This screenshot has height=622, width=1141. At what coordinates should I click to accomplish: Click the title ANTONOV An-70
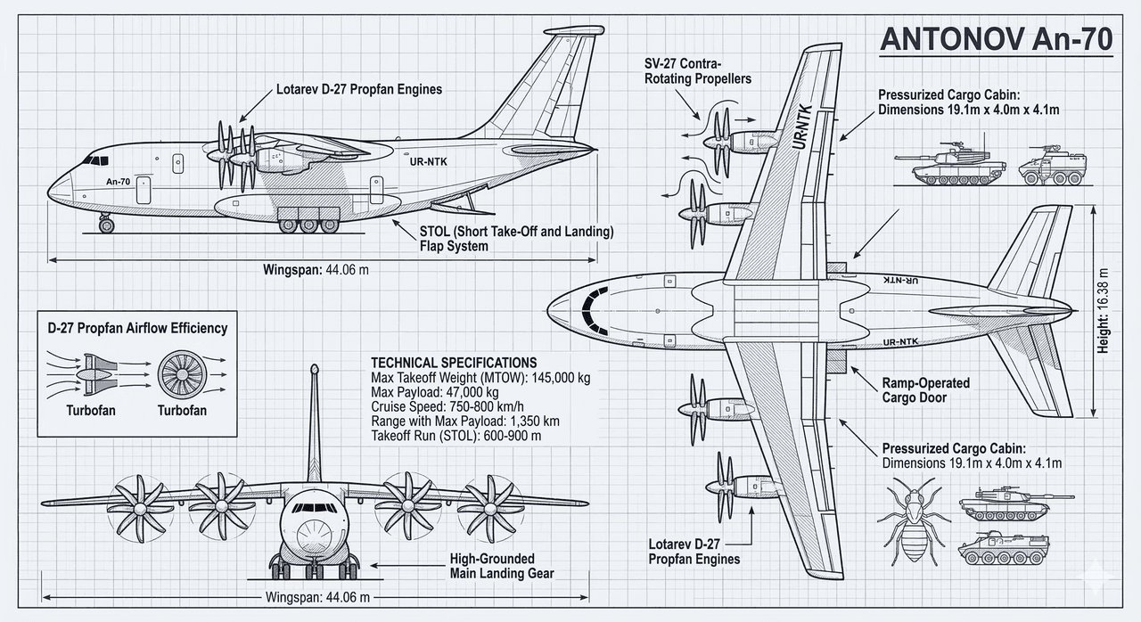996,41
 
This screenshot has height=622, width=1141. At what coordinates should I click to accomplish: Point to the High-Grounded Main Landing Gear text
504,566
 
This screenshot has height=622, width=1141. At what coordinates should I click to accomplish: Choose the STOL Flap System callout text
516,239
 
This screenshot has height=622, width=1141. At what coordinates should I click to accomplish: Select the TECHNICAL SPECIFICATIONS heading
453,363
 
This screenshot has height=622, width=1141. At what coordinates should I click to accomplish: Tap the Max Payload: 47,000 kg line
434,392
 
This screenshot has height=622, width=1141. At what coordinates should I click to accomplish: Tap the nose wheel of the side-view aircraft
107,225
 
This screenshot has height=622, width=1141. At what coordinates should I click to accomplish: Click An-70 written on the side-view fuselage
119,182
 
